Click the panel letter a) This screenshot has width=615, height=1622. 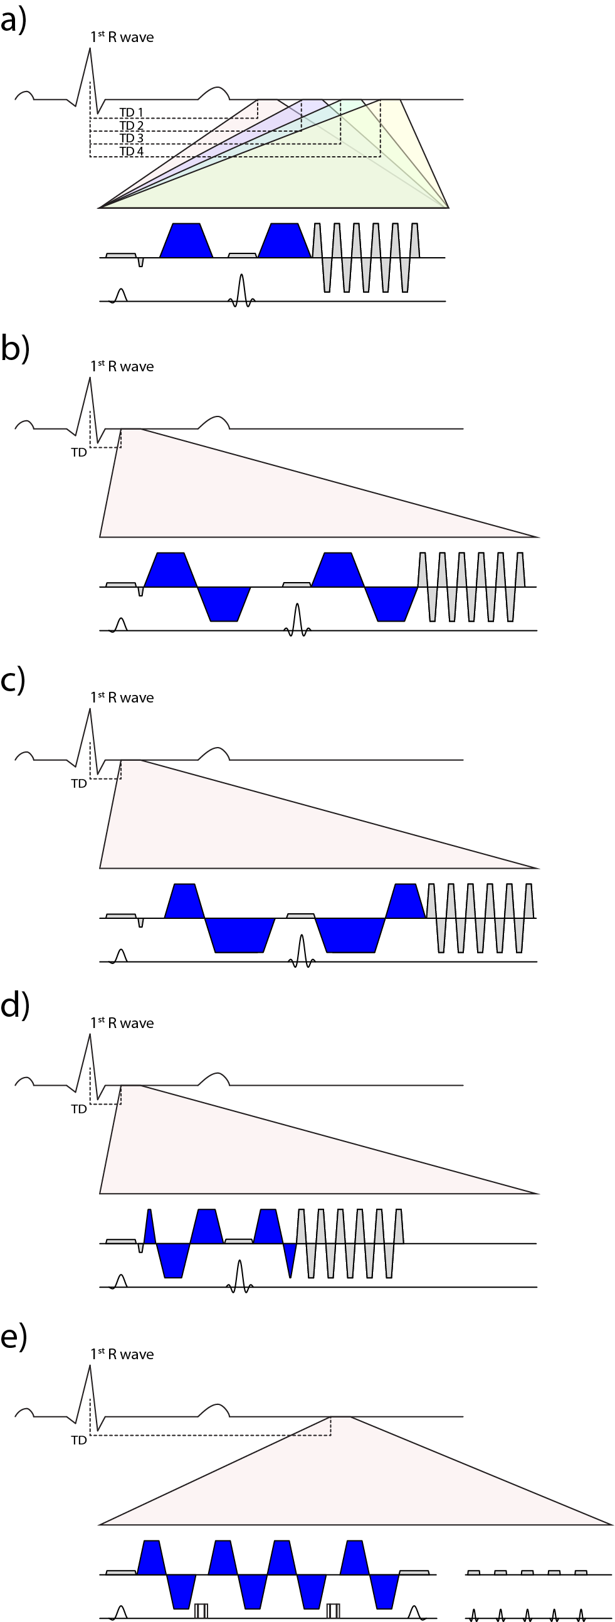click(x=13, y=21)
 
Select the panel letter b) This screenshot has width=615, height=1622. click(x=14, y=350)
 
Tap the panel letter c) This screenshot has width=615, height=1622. click(x=13, y=681)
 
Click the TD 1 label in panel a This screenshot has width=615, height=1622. click(x=131, y=113)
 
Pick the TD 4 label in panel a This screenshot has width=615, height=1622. click(x=131, y=151)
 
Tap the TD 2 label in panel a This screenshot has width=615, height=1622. click(x=131, y=125)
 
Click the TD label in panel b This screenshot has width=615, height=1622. click(x=79, y=452)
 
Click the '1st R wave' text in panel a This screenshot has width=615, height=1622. click(x=122, y=37)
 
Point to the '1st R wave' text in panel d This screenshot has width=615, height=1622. click(x=122, y=1022)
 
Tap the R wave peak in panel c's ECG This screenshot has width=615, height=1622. click(x=90, y=710)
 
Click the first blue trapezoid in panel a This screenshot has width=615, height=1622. click(x=186, y=240)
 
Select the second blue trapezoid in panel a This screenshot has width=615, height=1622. click(x=285, y=240)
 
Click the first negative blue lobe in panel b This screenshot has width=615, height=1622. click(x=224, y=603)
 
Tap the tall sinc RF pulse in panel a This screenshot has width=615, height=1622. click(x=241, y=290)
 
